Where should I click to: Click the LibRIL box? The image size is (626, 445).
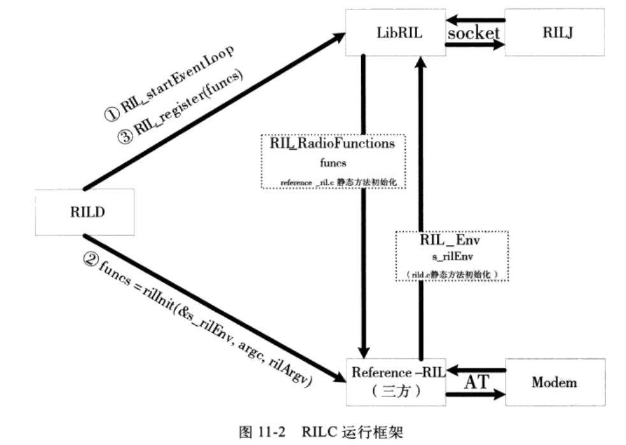395,33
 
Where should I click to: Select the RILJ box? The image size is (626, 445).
554,33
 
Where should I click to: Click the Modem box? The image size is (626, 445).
554,382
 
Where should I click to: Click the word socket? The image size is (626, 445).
474,33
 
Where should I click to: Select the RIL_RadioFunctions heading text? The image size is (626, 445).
332,144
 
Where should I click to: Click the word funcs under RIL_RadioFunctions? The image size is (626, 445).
332,163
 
